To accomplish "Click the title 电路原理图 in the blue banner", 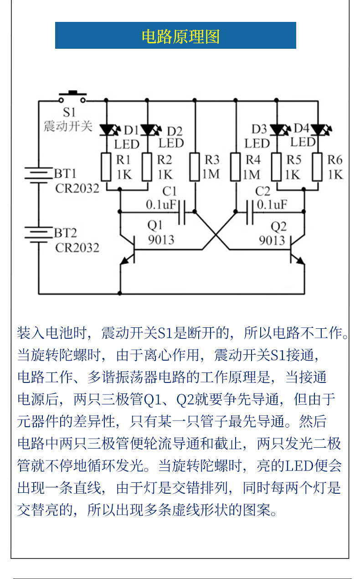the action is pos(180,36).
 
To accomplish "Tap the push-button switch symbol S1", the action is pos(72,98).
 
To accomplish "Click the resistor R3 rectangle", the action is pos(195,167).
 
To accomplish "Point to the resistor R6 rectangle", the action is pos(317,167).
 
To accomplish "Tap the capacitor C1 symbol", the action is pos(182,212).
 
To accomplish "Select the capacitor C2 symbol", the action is pos(250,212).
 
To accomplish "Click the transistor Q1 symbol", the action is pos(128,250).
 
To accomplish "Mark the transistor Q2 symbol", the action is pos(297,250).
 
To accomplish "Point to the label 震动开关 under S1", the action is pos(68,126).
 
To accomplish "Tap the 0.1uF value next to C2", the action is pos(272,205).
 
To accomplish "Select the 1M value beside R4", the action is pos(251,175).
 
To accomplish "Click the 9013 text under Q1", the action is pos(161,240).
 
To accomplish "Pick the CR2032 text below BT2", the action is pos(77,248).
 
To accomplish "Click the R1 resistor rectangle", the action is pos(106,167).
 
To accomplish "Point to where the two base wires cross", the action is pos(216,235).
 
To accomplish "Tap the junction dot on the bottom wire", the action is pos(120,293).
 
